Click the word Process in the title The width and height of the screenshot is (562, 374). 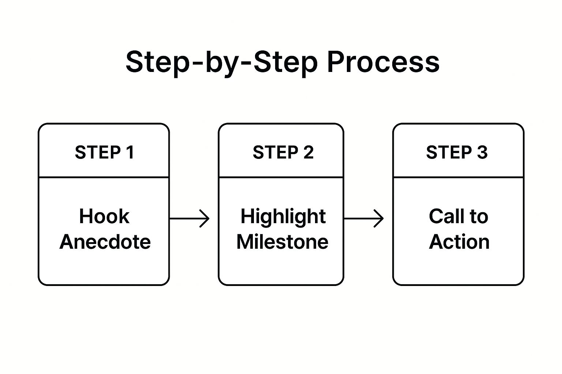(383, 62)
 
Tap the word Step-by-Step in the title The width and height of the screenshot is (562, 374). (222, 64)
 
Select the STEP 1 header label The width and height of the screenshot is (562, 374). (104, 152)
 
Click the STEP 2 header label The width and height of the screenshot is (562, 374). (283, 152)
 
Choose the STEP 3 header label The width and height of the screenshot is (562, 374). (457, 152)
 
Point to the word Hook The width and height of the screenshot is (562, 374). (104, 216)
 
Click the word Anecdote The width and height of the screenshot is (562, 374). (105, 242)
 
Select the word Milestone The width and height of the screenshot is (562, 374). (282, 242)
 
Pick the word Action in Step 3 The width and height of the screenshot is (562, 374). (459, 242)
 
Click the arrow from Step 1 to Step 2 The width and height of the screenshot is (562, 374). (190, 219)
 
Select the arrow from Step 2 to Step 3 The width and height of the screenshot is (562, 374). (364, 219)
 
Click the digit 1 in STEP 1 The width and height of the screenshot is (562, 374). (130, 152)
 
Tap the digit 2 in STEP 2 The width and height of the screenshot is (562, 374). (308, 152)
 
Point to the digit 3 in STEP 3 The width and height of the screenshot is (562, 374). (482, 152)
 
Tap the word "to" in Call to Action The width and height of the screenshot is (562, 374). (479, 217)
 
